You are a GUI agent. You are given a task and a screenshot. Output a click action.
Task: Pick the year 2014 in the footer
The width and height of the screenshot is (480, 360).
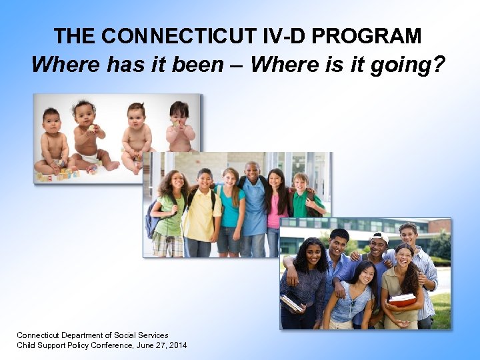click(177, 345)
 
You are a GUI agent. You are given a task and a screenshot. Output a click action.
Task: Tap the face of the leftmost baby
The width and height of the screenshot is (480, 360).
click(52, 122)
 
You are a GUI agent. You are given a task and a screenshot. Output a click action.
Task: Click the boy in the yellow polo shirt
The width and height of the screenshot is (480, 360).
click(203, 210)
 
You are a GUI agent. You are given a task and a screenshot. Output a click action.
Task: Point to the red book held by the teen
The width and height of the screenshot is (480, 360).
click(403, 300)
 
